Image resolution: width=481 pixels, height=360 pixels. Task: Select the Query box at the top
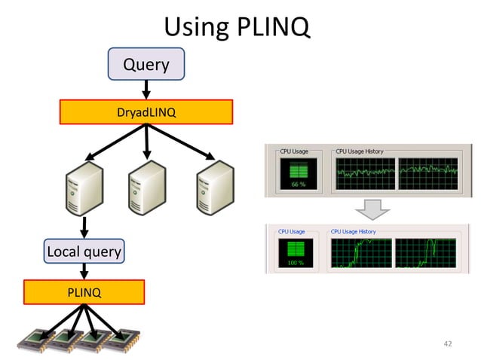pyautogui.click(x=146, y=65)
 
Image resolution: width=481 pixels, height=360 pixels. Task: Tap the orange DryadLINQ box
pyautogui.click(x=146, y=112)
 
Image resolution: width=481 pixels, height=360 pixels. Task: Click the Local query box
pyautogui.click(x=84, y=251)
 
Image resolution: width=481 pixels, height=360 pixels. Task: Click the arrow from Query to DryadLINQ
pyautogui.click(x=146, y=90)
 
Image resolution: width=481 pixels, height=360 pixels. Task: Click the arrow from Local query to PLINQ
pyautogui.click(x=84, y=271)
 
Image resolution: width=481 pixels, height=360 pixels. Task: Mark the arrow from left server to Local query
pyautogui.click(x=84, y=225)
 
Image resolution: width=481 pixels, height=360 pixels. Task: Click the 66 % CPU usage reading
pyautogui.click(x=298, y=184)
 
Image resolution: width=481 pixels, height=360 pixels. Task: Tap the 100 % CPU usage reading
pyautogui.click(x=295, y=264)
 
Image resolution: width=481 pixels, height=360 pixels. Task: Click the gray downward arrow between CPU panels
pyautogui.click(x=374, y=209)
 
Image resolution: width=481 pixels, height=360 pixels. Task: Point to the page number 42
pyautogui.click(x=448, y=344)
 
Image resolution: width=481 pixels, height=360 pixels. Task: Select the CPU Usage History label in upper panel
pyautogui.click(x=359, y=151)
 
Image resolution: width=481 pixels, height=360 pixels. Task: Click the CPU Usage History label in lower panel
pyautogui.click(x=353, y=231)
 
